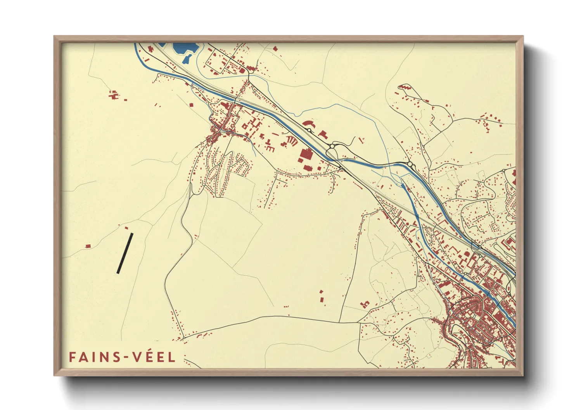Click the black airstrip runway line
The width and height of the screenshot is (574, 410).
125,253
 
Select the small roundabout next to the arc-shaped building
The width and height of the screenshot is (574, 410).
309,130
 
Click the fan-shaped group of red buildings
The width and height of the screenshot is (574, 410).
291,141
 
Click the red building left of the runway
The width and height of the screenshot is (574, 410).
88,246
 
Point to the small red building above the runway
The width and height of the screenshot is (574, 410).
126,228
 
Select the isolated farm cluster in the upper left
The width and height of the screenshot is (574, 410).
113,95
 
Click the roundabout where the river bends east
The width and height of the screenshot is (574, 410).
410,165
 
